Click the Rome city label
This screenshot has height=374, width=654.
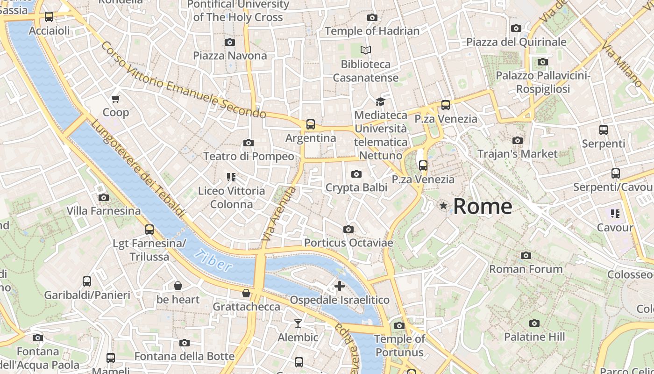483,206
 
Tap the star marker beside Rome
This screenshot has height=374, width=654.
443,206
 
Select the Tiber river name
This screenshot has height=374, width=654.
213,260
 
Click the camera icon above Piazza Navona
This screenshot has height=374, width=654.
229,42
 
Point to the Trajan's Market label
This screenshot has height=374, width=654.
517,153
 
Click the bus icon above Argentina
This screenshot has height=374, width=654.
311,124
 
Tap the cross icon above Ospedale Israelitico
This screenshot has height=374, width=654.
340,286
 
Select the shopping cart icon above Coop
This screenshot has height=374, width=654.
116,99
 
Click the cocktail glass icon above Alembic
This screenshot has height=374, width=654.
298,324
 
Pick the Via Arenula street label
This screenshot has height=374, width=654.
279,214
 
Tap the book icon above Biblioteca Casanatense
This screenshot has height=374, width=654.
366,50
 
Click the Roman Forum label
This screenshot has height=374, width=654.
526,269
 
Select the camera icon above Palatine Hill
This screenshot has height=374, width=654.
534,323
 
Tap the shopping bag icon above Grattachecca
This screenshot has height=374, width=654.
246,293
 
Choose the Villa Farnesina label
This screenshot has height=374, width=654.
103,211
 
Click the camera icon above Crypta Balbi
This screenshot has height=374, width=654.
356,174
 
